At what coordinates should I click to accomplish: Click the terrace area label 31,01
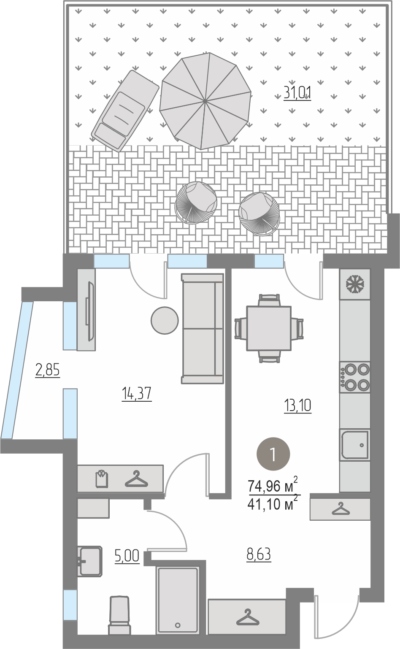click(297, 93)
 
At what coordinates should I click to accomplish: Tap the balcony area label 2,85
click(47, 370)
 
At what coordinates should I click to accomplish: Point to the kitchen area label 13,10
click(297, 405)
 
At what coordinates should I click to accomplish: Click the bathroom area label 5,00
click(127, 556)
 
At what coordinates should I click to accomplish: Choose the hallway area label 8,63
click(259, 554)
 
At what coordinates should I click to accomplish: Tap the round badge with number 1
click(273, 454)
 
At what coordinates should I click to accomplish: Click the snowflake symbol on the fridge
click(355, 284)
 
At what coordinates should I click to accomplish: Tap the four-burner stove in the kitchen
click(355, 377)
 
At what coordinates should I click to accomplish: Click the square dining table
click(269, 328)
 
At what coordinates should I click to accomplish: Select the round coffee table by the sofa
click(165, 320)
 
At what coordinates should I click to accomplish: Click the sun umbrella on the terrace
click(205, 101)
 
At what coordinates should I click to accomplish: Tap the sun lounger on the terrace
click(125, 111)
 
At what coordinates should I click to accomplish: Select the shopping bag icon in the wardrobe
click(102, 479)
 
